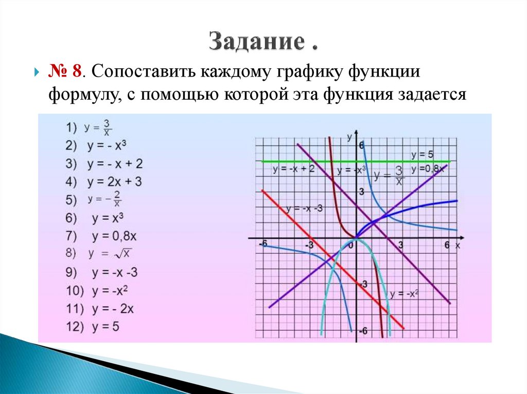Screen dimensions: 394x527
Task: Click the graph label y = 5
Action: pos(423,154)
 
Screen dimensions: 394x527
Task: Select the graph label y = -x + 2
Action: pos(293,169)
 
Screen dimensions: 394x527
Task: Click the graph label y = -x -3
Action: pos(305,209)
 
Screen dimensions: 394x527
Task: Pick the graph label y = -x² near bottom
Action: pos(404,294)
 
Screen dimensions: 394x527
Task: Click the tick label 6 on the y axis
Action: pos(361,146)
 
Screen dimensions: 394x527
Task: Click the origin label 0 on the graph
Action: pos(351,246)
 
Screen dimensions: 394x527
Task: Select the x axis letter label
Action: pos(457,246)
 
